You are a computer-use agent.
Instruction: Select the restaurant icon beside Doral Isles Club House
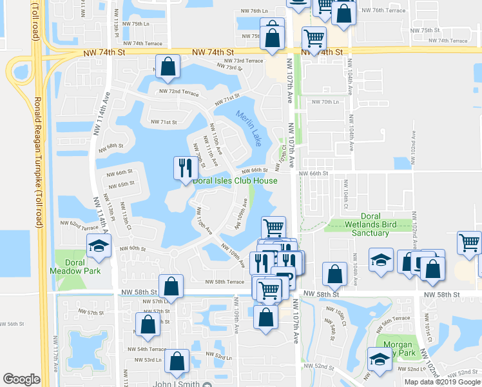[x=185, y=168]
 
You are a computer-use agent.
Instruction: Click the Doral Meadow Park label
[x=75, y=267]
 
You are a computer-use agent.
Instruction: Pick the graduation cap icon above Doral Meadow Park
[x=99, y=245]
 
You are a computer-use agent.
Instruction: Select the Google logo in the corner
[x=21, y=379]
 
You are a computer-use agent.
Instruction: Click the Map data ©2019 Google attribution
[x=442, y=382]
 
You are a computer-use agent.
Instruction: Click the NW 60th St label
[x=133, y=248]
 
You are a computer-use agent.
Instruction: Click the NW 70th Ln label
[x=325, y=102]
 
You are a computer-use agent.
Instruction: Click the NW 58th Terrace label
[x=225, y=282]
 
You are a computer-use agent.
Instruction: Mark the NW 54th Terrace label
[x=151, y=349]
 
